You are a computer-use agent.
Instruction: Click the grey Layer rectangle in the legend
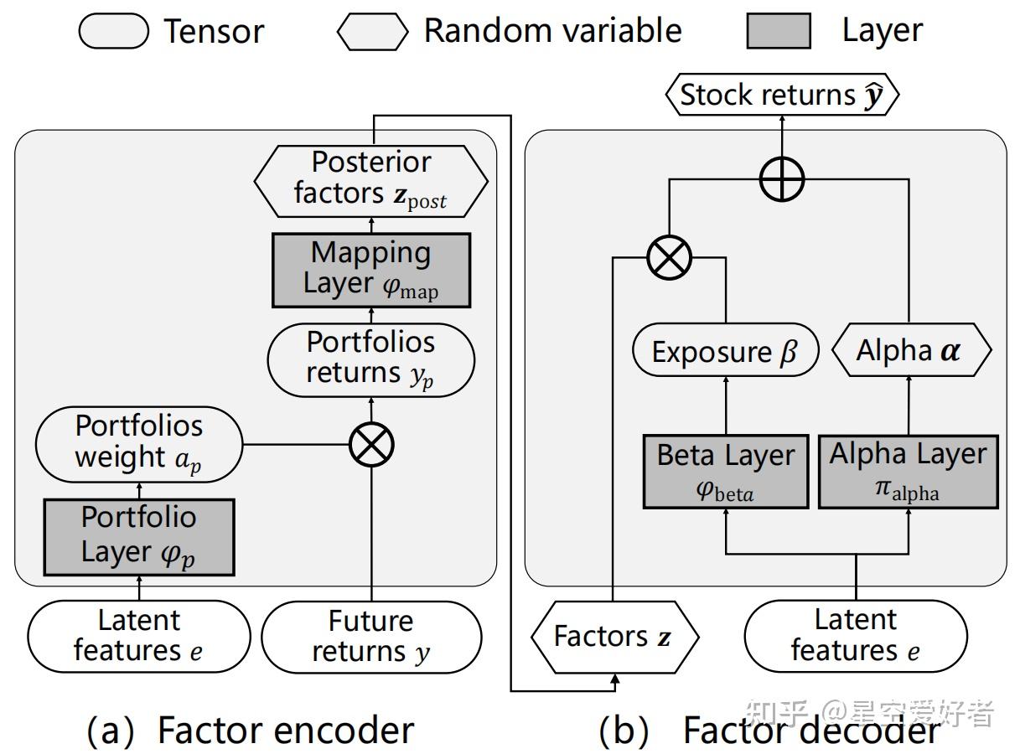[x=778, y=31]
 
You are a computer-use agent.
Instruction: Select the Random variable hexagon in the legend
[x=373, y=31]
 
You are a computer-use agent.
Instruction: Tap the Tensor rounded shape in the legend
[x=113, y=31]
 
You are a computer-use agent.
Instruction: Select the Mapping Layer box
[x=370, y=270]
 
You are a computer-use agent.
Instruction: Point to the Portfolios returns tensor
[x=370, y=359]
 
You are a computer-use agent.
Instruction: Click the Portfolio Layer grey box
[x=138, y=536]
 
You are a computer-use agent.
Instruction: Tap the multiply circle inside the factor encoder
[x=370, y=445]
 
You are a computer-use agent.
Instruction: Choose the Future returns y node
[x=370, y=637]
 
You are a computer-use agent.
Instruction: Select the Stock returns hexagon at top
[x=781, y=96]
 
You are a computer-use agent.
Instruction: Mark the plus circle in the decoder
[x=781, y=178]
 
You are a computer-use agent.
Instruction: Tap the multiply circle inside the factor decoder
[x=669, y=257]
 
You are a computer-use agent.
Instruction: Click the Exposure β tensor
[x=723, y=352]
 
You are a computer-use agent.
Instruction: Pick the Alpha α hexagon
[x=910, y=350]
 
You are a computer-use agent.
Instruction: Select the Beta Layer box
[x=725, y=471]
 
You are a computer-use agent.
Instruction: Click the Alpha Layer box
[x=908, y=471]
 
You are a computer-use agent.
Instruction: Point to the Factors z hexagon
[x=614, y=637]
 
